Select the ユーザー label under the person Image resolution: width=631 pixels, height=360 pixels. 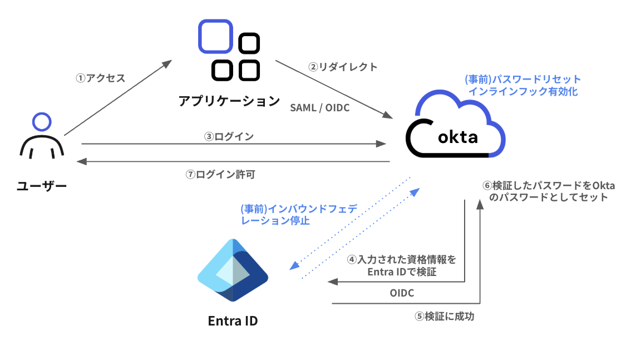tap(42, 186)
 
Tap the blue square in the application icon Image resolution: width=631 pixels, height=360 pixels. tap(215, 36)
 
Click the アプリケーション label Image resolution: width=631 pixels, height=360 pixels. tap(229, 101)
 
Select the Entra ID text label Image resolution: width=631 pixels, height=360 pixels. tap(233, 321)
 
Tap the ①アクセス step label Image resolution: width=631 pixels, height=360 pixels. tap(100, 78)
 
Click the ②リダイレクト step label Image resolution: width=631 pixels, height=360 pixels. tap(343, 67)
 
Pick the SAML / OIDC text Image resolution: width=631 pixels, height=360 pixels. tap(320, 108)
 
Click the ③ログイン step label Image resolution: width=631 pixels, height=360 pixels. tap(229, 136)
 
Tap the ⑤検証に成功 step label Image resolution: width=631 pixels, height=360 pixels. tap(444, 317)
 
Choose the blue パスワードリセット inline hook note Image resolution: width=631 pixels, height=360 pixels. tap(522, 85)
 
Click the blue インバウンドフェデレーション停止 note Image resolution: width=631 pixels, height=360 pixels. tap(297, 214)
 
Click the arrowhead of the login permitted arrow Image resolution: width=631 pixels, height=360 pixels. tap(81, 162)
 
